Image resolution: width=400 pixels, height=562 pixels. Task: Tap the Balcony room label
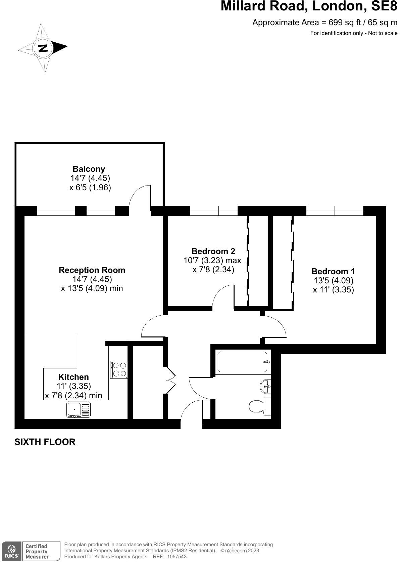89,169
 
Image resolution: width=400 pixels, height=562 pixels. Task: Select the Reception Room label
92,270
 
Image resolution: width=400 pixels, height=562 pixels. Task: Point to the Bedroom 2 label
213,251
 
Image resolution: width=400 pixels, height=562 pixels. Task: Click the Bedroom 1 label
333,271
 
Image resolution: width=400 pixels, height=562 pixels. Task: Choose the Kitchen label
73,377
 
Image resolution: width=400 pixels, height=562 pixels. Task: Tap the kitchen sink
79,410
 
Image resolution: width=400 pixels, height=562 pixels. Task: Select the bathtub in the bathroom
242,362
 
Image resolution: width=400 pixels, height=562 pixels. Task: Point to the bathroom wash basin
265,386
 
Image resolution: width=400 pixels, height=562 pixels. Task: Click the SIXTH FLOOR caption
45,442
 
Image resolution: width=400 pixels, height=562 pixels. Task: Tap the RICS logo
11,551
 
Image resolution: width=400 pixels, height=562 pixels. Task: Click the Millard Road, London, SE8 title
309,6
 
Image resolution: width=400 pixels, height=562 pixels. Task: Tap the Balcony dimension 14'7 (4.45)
90,178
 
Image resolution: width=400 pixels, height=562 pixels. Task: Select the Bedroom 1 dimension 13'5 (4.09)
333,280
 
